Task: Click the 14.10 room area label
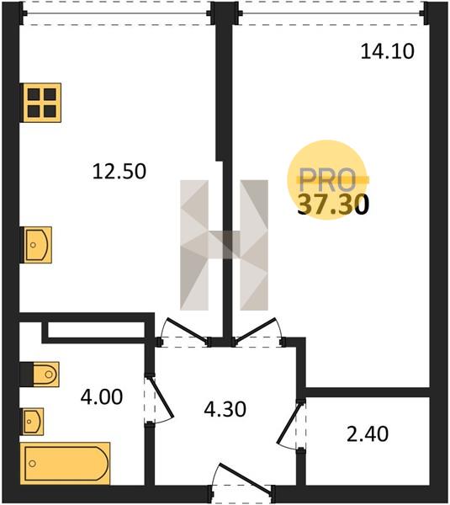(x=387, y=51)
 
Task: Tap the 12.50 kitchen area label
(x=119, y=171)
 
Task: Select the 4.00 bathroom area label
(x=102, y=396)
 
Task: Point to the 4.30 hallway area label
(x=225, y=409)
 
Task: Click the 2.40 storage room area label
(x=368, y=433)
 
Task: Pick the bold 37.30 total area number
(x=333, y=205)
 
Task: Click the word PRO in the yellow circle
(x=327, y=180)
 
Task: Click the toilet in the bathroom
(x=40, y=375)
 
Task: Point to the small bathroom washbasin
(x=32, y=422)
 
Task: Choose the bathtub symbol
(x=65, y=464)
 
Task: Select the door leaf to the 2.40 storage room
(x=290, y=423)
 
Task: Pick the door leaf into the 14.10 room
(x=256, y=330)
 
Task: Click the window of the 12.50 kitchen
(x=116, y=13)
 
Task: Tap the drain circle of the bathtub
(x=32, y=464)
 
